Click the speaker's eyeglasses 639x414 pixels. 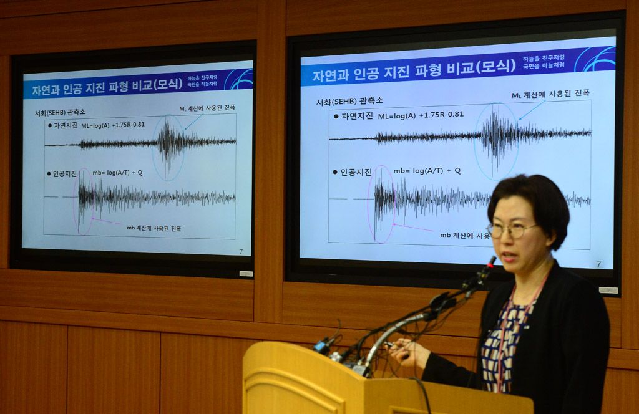click(512, 230)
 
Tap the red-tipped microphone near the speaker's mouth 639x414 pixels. click(491, 262)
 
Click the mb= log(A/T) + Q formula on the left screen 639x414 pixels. click(117, 173)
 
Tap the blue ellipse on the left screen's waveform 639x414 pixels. click(168, 148)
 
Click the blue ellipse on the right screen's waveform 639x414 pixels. click(497, 140)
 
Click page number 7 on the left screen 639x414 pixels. click(241, 252)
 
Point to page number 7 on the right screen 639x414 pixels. click(598, 264)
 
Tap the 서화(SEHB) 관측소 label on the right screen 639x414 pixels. click(349, 100)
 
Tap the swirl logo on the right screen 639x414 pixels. click(595, 59)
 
